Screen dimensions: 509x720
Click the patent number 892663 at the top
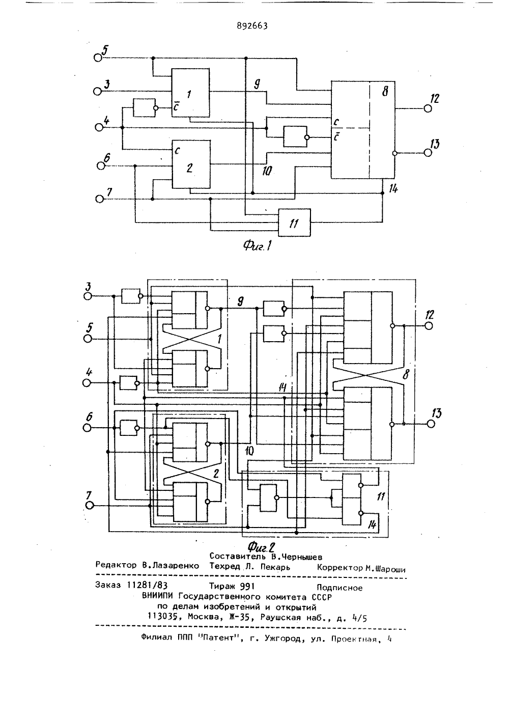click(x=252, y=26)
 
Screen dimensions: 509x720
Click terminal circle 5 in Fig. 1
click(x=98, y=58)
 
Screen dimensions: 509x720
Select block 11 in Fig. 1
click(x=294, y=223)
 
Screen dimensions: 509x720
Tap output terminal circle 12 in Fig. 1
click(x=428, y=108)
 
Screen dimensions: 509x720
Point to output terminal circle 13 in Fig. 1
click(x=428, y=153)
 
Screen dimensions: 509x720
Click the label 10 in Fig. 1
click(x=267, y=171)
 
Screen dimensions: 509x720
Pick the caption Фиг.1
click(x=257, y=246)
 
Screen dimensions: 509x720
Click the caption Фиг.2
click(x=262, y=546)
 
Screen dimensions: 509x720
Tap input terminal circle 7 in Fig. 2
click(x=90, y=506)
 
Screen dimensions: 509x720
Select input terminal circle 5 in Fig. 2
click(x=88, y=339)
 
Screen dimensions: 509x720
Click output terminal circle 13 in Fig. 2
click(x=431, y=424)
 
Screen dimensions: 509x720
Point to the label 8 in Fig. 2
click(x=406, y=374)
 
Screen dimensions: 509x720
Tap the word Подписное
click(x=340, y=588)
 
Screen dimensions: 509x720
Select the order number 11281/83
click(x=147, y=585)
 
